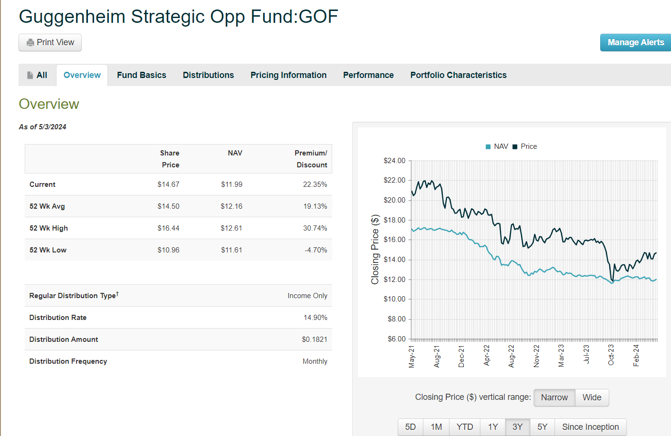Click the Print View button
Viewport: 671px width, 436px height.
click(50, 42)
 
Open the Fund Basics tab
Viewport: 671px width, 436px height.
click(142, 75)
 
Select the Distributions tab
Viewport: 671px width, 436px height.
click(208, 75)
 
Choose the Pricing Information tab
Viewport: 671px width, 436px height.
click(288, 75)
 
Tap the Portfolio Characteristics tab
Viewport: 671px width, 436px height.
click(458, 75)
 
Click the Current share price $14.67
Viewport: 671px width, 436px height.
click(168, 184)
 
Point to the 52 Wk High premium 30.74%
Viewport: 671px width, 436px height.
click(315, 228)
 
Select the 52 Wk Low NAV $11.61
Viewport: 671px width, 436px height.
click(231, 250)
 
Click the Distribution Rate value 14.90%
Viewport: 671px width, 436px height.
click(316, 318)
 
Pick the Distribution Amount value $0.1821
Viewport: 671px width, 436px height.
click(315, 339)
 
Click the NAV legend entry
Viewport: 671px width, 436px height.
click(497, 146)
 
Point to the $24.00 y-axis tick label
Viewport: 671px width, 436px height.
click(394, 161)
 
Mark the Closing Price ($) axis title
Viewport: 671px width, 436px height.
click(375, 250)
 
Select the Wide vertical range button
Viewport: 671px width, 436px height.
click(592, 397)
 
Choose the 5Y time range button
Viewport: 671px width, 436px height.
click(542, 427)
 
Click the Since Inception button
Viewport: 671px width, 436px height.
click(590, 427)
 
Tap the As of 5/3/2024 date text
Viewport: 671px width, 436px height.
click(43, 127)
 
